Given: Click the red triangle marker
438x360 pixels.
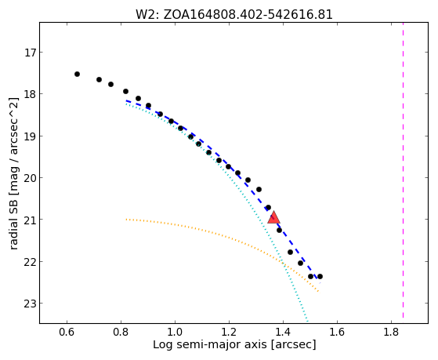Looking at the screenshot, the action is (273, 217).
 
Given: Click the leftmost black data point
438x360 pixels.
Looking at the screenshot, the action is (77, 75).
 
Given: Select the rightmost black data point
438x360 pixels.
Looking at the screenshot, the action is (320, 276).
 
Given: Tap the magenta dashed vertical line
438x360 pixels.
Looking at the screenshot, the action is (403, 170).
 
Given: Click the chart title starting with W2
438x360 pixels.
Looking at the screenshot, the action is (234, 14).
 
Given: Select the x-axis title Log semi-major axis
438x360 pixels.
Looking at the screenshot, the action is (234, 344).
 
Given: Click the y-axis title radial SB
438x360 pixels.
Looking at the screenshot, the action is (14, 173).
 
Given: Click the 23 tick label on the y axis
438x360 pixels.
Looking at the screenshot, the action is (31, 304).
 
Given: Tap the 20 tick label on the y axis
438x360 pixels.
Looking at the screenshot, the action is (31, 178).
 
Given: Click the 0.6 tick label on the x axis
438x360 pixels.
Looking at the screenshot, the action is (67, 332).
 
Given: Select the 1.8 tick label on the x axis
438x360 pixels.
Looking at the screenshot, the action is (391, 332).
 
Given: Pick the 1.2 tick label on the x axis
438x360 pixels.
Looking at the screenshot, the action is (229, 332).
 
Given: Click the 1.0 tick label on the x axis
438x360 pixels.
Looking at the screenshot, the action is (175, 332).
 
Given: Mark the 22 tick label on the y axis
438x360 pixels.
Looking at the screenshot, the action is (31, 262).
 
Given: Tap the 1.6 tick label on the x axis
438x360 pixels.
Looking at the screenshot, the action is (337, 332).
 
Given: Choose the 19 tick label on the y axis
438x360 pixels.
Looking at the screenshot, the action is (31, 136).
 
